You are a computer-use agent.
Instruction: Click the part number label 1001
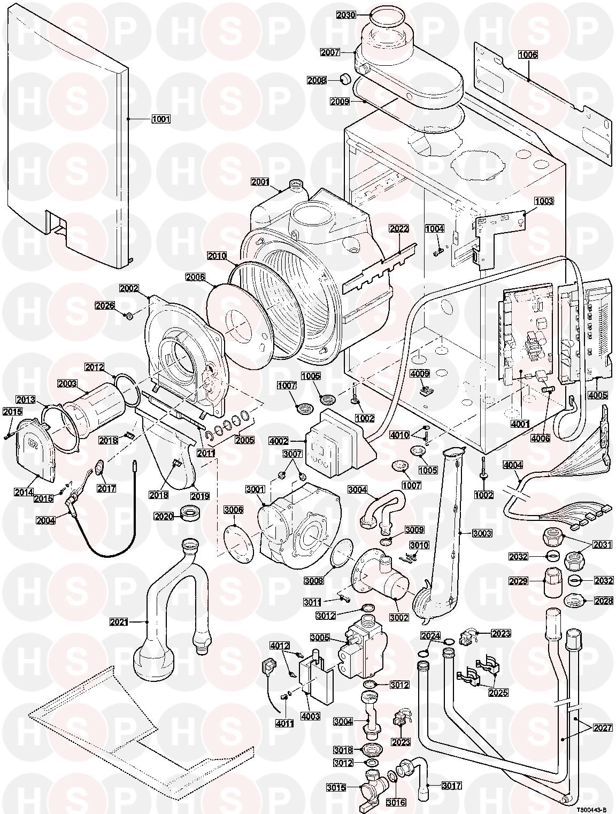(160, 119)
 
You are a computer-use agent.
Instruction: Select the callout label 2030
(346, 15)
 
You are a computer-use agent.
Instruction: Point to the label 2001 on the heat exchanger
(261, 182)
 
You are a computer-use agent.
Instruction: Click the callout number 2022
(399, 229)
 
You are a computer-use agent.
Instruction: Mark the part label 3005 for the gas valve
(320, 638)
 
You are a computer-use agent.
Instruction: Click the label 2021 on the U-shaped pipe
(120, 622)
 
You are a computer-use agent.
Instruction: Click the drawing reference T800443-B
(592, 809)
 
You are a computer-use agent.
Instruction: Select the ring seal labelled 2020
(190, 513)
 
